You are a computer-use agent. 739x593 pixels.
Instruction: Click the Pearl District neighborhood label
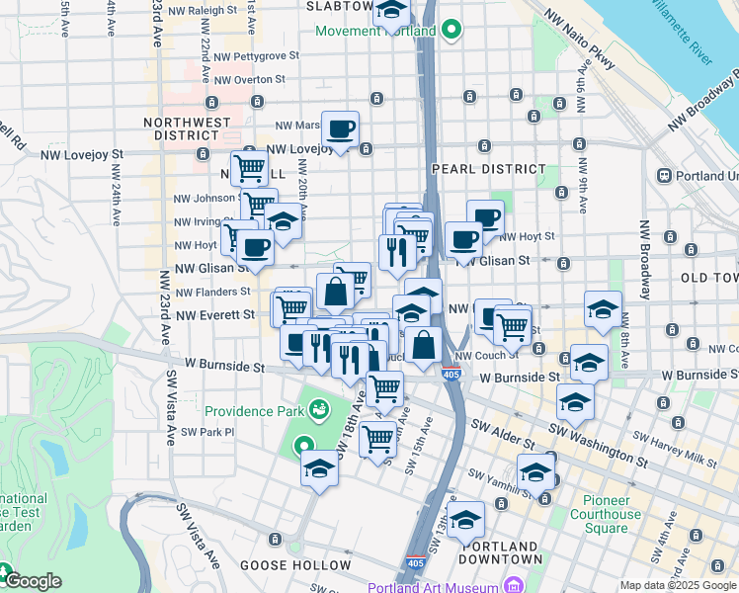[x=489, y=169]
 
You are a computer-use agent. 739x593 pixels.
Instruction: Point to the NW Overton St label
[x=248, y=80]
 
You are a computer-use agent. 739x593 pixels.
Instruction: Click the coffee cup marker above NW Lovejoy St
[x=340, y=128]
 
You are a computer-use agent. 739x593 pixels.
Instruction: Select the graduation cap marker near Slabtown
[x=392, y=13]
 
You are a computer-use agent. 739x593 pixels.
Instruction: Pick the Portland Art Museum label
[x=434, y=587]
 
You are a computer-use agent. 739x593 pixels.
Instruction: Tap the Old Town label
[x=709, y=278]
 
